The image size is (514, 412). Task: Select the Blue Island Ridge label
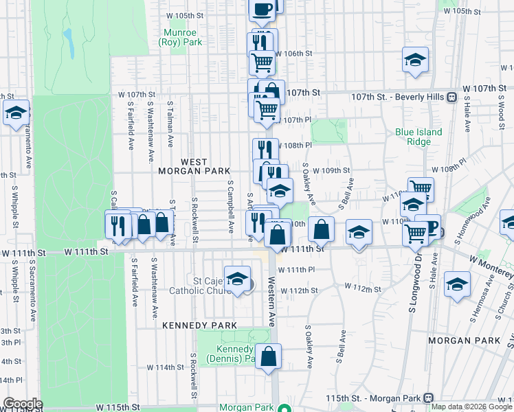pos(418,137)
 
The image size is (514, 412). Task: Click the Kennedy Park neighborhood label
pos(199,325)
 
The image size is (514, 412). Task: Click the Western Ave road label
pos(271,301)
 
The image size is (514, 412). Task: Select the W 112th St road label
pos(299,290)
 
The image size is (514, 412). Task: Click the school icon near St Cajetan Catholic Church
pos(237,279)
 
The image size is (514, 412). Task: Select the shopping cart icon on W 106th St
pos(262,62)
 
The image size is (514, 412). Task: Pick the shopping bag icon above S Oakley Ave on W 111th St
pos(321,229)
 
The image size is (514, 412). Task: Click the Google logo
pos(23,404)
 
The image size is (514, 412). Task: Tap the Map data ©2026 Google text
pos(471,407)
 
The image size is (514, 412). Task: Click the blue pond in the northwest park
pos(69,43)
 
